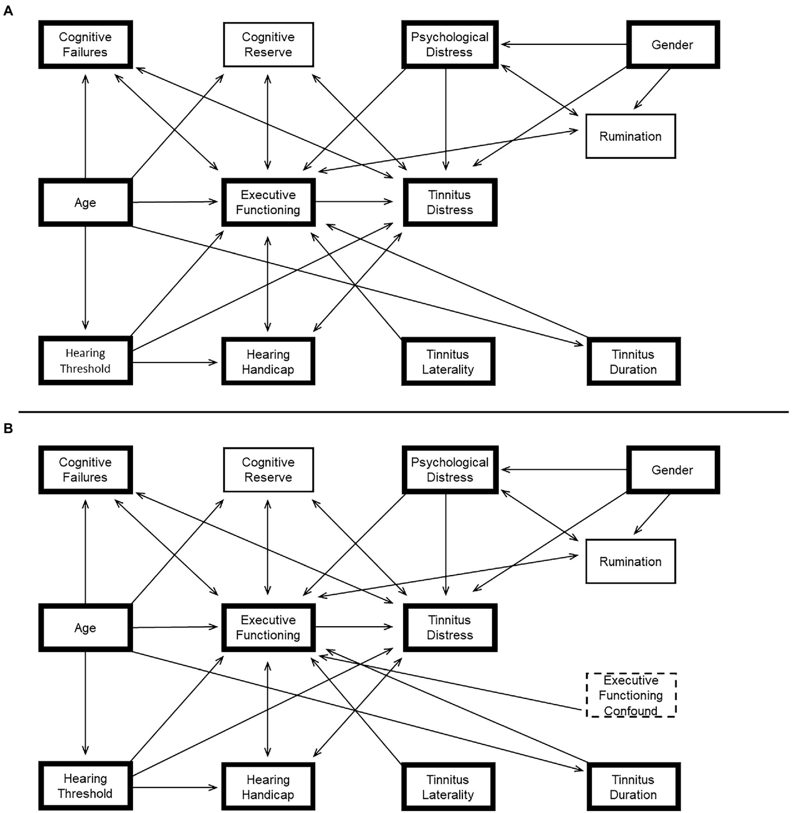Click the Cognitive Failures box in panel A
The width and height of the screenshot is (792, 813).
(x=85, y=44)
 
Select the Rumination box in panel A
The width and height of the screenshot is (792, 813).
(x=630, y=136)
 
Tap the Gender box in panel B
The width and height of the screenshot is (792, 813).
(x=672, y=470)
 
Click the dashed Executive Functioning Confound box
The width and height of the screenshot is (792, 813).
(x=631, y=695)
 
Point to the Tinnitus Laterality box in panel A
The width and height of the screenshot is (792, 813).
(x=448, y=361)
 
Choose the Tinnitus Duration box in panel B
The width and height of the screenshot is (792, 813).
(x=633, y=787)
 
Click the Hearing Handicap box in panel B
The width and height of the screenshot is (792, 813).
(x=268, y=787)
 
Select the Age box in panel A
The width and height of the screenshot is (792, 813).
(x=85, y=202)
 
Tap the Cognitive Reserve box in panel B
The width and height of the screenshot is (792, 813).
(x=268, y=470)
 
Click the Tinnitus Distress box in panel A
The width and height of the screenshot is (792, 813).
(x=449, y=202)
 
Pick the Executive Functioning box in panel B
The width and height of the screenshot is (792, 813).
(x=268, y=627)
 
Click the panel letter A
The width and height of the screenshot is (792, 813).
(x=8, y=11)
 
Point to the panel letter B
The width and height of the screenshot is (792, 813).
(x=8, y=428)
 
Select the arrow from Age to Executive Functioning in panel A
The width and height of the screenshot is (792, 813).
(x=175, y=202)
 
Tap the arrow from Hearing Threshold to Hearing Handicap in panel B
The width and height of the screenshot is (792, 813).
(x=175, y=787)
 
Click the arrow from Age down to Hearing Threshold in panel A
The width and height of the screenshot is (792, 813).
(x=86, y=279)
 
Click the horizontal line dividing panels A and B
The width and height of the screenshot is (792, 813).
(x=402, y=412)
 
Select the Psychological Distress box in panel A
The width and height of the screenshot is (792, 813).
(x=449, y=44)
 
